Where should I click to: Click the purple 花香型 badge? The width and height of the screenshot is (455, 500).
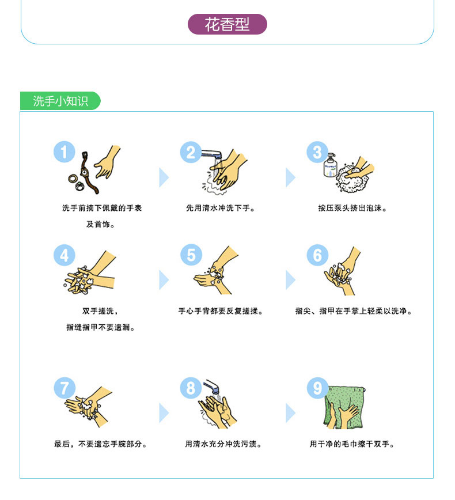(x=227, y=24)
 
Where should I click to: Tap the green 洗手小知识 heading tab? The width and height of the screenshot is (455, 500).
(x=60, y=101)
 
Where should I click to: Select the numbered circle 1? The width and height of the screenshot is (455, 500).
(x=65, y=152)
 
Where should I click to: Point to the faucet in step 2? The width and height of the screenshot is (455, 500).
(x=212, y=154)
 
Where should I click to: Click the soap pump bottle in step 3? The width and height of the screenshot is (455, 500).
(x=331, y=165)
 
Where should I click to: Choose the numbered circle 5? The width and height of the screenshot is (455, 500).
(x=191, y=255)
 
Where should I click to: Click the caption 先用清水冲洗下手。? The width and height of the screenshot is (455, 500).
(x=221, y=208)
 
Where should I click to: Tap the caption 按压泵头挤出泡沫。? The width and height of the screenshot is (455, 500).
(x=352, y=208)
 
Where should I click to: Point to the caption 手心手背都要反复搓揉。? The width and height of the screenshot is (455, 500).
(x=221, y=311)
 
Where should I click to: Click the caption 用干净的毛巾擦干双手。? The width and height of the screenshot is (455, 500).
(x=352, y=444)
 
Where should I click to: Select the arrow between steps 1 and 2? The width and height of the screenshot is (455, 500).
(x=164, y=177)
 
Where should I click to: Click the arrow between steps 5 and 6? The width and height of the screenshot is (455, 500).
(x=290, y=280)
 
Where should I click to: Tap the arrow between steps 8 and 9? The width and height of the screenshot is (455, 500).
(x=290, y=413)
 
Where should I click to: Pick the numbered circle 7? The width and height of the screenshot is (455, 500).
(x=65, y=388)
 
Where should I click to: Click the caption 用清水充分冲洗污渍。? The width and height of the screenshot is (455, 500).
(x=223, y=444)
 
